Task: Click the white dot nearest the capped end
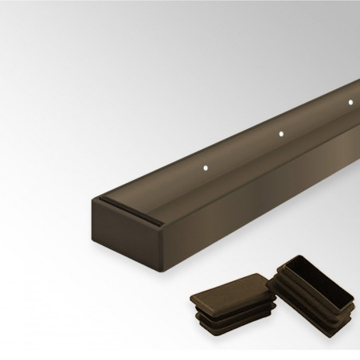point(205,168)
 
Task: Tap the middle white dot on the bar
point(280,134)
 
